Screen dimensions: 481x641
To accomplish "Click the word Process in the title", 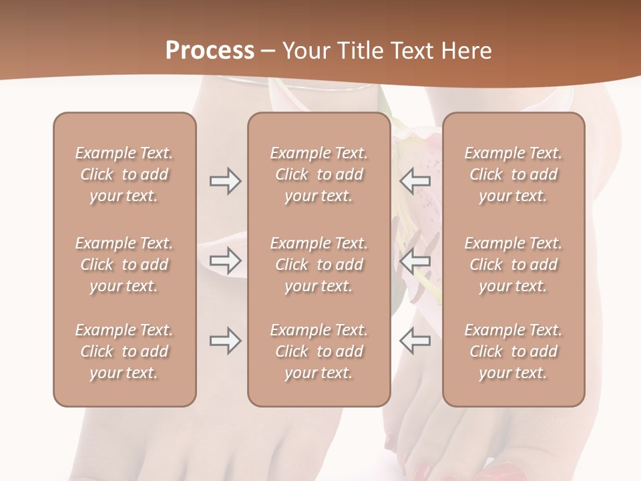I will tap(210, 51).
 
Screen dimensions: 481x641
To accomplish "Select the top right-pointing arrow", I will tap(225, 181).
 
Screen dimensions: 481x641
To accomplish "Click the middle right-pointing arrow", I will tap(225, 261).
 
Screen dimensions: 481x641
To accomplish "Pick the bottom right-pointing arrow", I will tap(225, 341).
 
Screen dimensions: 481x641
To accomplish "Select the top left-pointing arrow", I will tap(415, 181).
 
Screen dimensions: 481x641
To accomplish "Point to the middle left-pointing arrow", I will tap(415, 261).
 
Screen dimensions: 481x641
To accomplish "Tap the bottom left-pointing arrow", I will tap(415, 341).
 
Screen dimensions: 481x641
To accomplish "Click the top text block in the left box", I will tap(124, 174).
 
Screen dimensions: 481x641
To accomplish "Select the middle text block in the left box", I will tap(124, 265).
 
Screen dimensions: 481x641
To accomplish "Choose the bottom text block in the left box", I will tap(124, 351).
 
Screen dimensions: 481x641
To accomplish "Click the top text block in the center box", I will tap(319, 174).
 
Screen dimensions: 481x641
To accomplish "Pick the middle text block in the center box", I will tap(319, 265).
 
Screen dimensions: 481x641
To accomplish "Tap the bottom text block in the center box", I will tap(319, 351).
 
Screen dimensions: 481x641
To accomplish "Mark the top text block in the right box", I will tap(513, 174).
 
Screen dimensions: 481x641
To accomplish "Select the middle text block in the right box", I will tap(513, 265).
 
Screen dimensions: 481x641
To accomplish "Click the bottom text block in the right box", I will tap(513, 351).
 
